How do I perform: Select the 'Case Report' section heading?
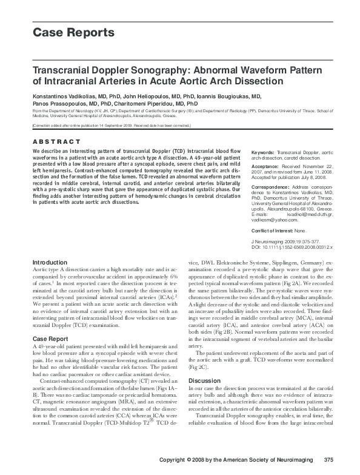point(50,339)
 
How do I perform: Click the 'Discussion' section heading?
point(205,381)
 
